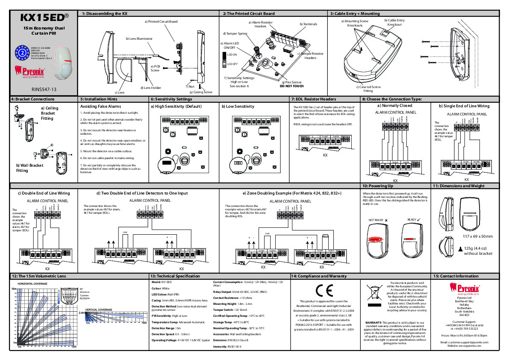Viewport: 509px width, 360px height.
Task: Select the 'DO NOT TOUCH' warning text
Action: tap(291, 86)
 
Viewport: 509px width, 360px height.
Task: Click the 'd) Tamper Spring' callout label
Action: tap(235, 33)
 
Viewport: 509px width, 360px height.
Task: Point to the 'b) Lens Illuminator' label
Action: tap(139, 38)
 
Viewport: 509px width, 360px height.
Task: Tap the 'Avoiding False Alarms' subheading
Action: tap(101, 106)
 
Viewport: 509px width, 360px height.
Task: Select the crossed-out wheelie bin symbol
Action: tap(374, 292)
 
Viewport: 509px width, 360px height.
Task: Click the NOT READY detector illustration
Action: tap(377, 241)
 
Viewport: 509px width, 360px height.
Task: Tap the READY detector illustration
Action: tap(412, 241)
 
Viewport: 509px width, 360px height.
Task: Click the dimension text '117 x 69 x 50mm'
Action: tap(478, 236)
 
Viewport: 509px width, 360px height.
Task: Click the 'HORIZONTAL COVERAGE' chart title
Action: tap(32, 284)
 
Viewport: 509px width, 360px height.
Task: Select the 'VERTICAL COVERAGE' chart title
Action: tap(99, 309)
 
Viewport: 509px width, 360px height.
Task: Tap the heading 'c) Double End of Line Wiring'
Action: tap(43, 193)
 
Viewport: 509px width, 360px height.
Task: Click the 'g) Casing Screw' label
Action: tap(201, 92)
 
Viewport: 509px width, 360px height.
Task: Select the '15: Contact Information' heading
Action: tap(456, 276)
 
